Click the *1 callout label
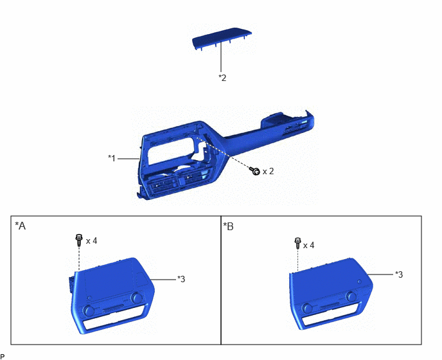tap(112, 158)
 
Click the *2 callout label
tap(222, 78)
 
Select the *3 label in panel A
tap(181, 279)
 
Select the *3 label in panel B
tap(399, 274)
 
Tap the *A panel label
tap(21, 226)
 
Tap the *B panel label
tap(228, 226)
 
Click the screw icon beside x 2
tap(255, 171)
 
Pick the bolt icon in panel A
tap(79, 240)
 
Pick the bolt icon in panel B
tap(297, 243)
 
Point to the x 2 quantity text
tap(268, 171)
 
